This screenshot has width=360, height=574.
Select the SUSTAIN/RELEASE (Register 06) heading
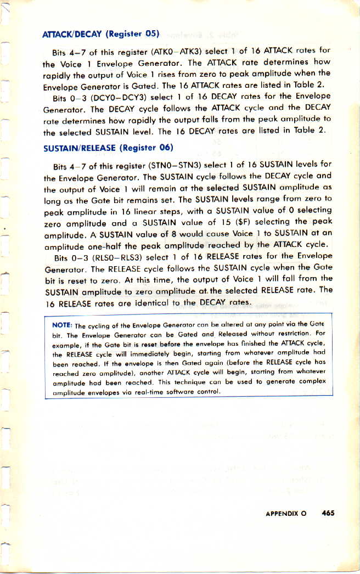coord(108,148)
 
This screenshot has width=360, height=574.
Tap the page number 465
coord(328,513)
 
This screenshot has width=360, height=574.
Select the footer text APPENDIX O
coord(285,514)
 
